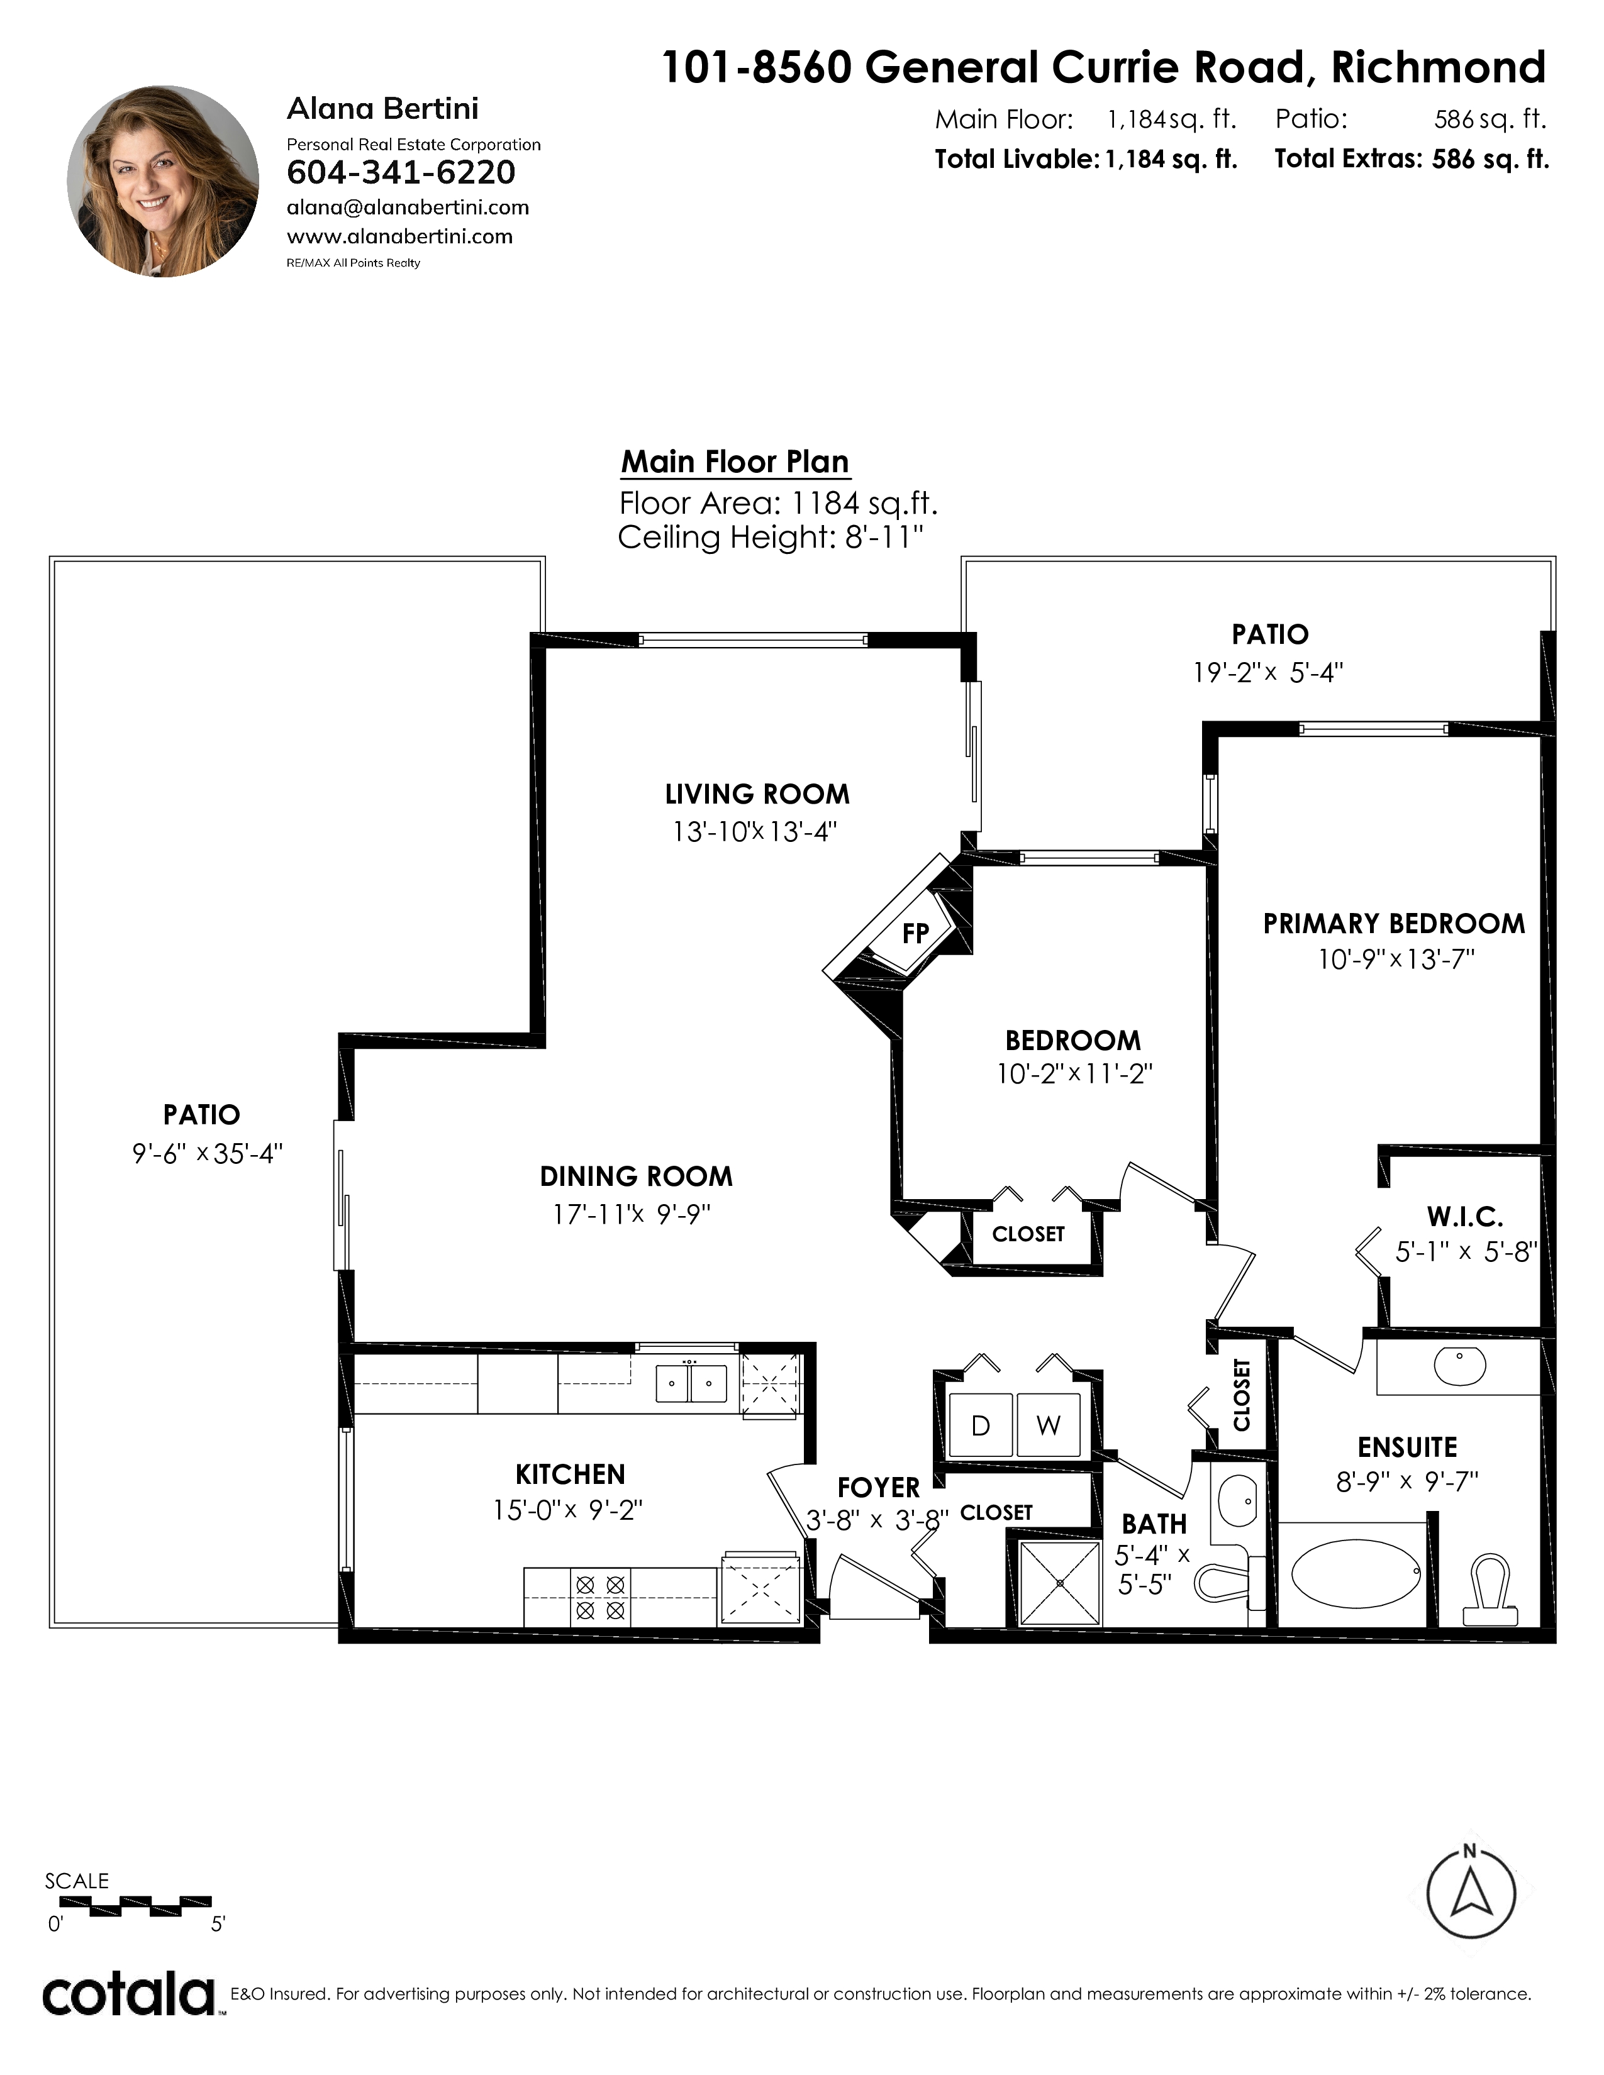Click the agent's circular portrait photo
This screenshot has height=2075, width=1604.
pyautogui.click(x=162, y=182)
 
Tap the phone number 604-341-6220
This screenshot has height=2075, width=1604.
pyautogui.click(x=401, y=172)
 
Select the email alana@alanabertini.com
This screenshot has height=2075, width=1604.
pyautogui.click(x=408, y=207)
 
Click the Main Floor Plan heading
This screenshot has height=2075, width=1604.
pyautogui.click(x=735, y=462)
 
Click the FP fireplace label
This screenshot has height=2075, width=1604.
pyautogui.click(x=915, y=933)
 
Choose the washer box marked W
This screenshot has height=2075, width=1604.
pyautogui.click(x=1048, y=1424)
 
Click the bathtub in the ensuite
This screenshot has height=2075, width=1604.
pyautogui.click(x=1358, y=1573)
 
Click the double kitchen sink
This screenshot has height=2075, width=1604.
pyautogui.click(x=692, y=1383)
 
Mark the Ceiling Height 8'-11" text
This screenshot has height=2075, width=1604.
pyautogui.click(x=771, y=538)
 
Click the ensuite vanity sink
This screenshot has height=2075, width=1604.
pyautogui.click(x=1459, y=1366)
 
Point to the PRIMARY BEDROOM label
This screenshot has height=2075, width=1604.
pyautogui.click(x=1394, y=924)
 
